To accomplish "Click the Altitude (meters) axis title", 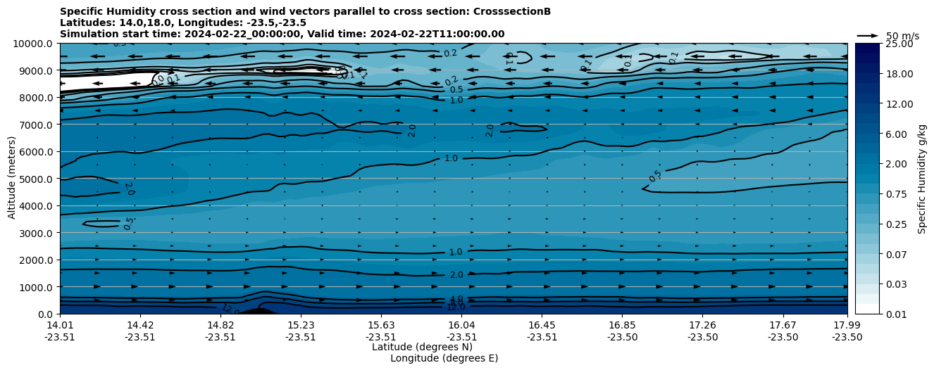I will [x=12, y=178].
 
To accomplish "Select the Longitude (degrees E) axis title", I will [x=444, y=358].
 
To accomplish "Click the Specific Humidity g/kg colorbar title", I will [x=922, y=179].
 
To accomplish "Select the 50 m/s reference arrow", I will [x=868, y=35].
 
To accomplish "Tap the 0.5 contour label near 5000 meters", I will [x=655, y=176].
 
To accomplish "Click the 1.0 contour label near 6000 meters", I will [x=451, y=158].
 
